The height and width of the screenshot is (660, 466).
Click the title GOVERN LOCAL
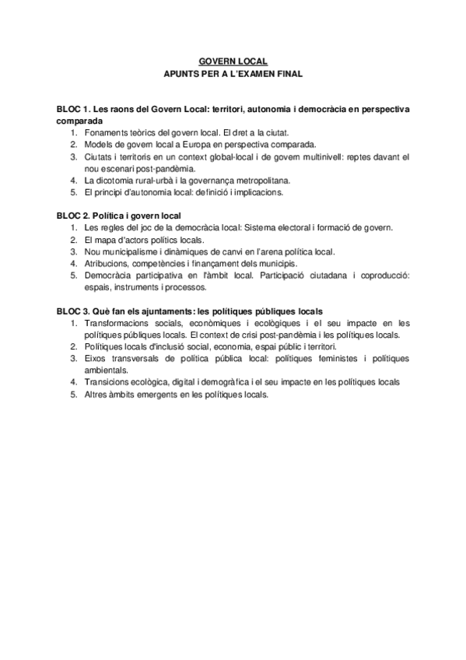point(233,60)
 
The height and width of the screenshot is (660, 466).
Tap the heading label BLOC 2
point(74,215)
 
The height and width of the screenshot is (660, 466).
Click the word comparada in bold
point(79,121)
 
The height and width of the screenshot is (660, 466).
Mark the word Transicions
point(110,382)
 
